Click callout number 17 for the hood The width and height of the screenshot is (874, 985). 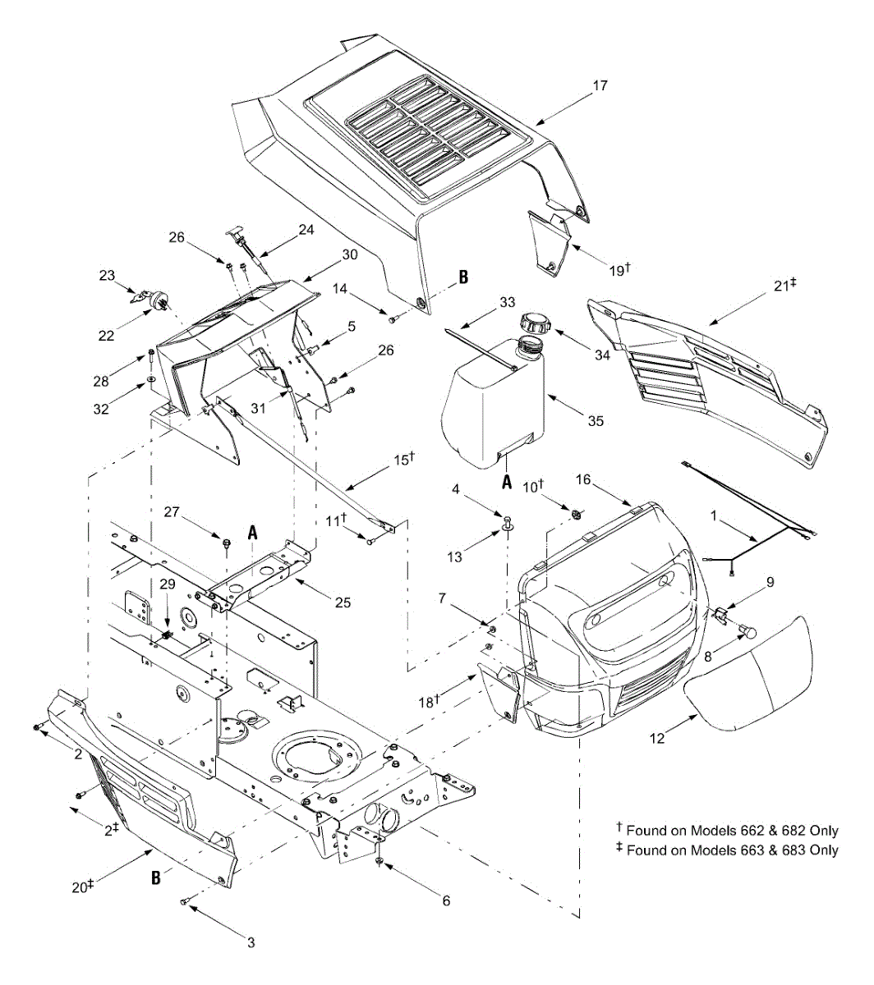click(x=600, y=85)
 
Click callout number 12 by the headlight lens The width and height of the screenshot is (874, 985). click(x=656, y=738)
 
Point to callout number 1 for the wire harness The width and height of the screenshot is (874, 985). click(x=714, y=516)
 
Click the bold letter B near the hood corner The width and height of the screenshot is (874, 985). click(x=463, y=278)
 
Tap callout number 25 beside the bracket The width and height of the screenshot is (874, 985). click(x=343, y=602)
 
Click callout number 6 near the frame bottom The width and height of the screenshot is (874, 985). click(x=446, y=900)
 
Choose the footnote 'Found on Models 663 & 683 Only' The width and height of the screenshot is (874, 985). click(x=732, y=850)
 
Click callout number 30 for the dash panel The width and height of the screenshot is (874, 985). click(x=350, y=254)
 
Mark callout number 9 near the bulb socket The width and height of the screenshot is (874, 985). click(x=770, y=582)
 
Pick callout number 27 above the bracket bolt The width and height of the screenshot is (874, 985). click(x=172, y=511)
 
